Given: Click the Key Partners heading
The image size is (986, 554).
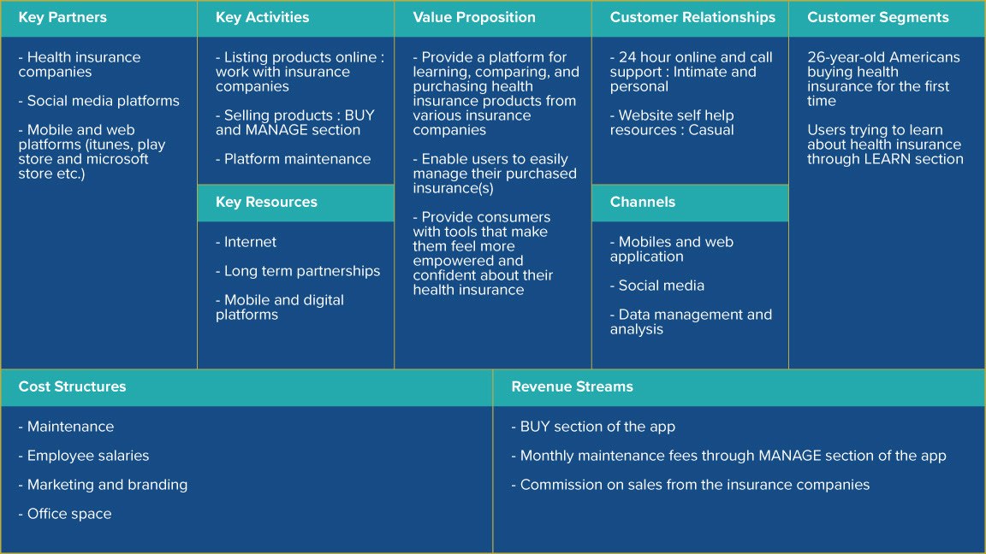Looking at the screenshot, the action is pos(62,18).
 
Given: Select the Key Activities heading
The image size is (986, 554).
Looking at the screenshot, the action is pos(262,18).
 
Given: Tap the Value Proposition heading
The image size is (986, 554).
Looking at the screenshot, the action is pos(474,18).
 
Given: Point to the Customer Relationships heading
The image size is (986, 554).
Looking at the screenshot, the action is pos(692,18).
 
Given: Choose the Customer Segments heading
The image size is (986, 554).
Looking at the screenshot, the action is pos(878,18).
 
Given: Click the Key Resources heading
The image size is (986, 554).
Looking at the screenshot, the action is pos(267,203).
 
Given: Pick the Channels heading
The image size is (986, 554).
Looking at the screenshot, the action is pos(643,203).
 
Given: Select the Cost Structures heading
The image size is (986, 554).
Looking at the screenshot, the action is pos(72,387).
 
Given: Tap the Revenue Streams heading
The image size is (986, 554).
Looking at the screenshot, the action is pos(573,387).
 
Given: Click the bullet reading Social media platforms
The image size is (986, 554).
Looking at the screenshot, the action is pos(98,101).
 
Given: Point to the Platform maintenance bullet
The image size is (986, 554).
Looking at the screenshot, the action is pos(293,159).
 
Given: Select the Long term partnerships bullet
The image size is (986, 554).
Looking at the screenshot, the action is pos(298,271).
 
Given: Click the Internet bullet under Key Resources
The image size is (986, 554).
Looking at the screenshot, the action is pos(246,242).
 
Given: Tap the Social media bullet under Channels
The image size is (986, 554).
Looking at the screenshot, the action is pos(657,286).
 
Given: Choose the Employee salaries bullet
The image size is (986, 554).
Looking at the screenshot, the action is pos(84,456).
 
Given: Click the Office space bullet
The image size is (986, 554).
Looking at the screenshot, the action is pos(65,514).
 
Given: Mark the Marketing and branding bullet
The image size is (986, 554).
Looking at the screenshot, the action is pos(103,485).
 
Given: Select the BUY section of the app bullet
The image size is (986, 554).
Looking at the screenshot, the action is pos(593,427).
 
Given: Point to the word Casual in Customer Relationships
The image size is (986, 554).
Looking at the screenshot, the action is pos(711,130).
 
